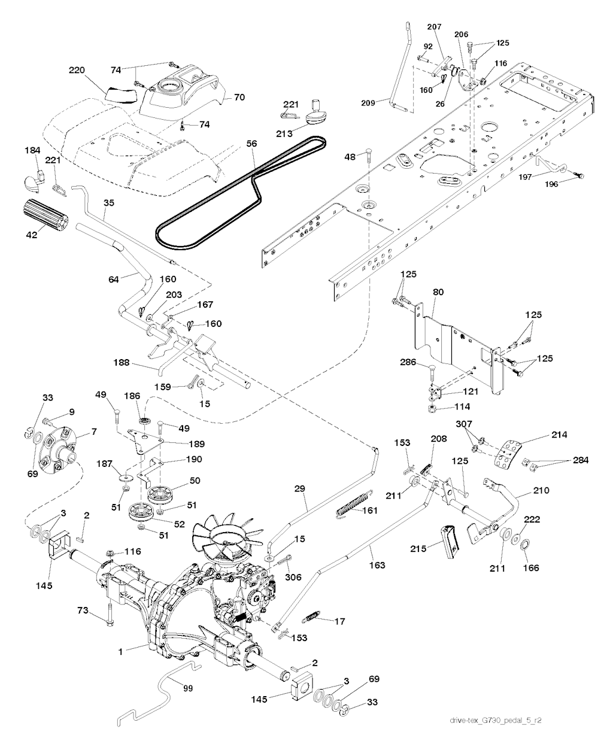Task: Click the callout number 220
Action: click(77, 70)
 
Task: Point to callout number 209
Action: click(368, 103)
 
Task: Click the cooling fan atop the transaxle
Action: click(226, 540)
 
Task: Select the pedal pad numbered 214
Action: click(506, 456)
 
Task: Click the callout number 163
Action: click(377, 564)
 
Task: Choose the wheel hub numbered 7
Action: click(57, 450)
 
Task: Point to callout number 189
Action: click(197, 444)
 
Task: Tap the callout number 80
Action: click(438, 292)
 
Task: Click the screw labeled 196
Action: click(578, 174)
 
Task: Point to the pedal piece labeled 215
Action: click(450, 541)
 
